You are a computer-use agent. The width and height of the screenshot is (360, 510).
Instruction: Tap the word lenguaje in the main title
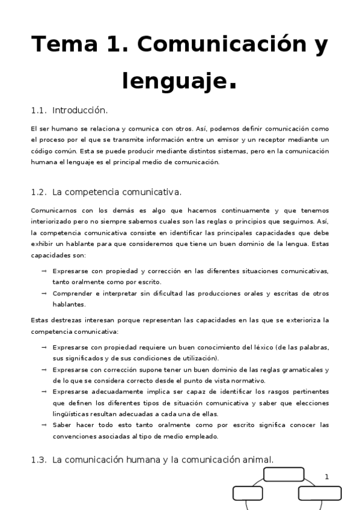(x=175, y=80)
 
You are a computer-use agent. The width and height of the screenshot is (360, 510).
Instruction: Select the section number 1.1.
(x=38, y=111)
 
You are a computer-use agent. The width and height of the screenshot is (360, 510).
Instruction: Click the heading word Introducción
(x=80, y=111)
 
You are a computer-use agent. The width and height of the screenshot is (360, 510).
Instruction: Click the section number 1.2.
(x=38, y=192)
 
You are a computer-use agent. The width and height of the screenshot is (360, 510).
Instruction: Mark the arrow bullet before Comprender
(x=44, y=293)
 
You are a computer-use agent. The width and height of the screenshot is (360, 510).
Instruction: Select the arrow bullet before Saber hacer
(x=44, y=425)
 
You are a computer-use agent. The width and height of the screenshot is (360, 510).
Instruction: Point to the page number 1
(x=327, y=477)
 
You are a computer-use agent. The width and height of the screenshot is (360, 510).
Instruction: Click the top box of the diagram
(x=284, y=475)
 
